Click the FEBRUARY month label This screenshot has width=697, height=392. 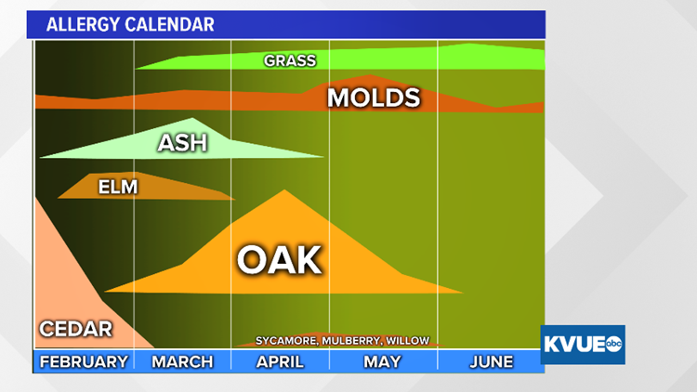(x=84, y=361)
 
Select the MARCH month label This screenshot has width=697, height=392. (x=182, y=361)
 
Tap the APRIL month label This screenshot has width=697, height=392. (x=280, y=361)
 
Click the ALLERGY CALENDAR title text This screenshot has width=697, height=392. (x=130, y=24)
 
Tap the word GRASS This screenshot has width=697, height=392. (x=290, y=61)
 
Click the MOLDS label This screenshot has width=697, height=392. (x=374, y=98)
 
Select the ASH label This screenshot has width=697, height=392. (x=182, y=143)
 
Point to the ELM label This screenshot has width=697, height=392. (x=118, y=188)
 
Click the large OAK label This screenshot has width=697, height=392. (x=279, y=260)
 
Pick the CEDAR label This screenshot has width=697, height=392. (x=76, y=329)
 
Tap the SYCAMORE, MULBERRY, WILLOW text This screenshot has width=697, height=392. (x=342, y=341)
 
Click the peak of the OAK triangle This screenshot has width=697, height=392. (x=283, y=190)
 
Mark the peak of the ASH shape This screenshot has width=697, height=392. (x=192, y=119)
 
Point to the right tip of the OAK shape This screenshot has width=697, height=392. (x=462, y=293)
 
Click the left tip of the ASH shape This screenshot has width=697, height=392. (x=40, y=156)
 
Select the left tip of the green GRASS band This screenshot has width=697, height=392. (x=137, y=67)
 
